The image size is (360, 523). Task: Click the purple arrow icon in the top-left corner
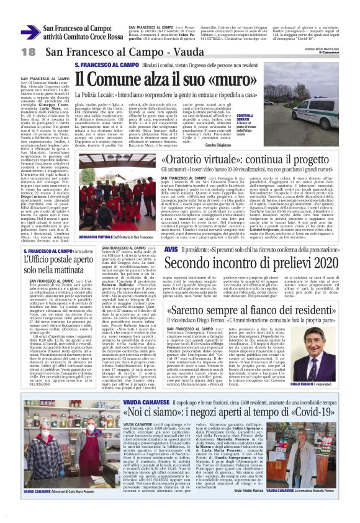(30, 32)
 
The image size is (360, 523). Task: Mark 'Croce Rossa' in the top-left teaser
(104, 37)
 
